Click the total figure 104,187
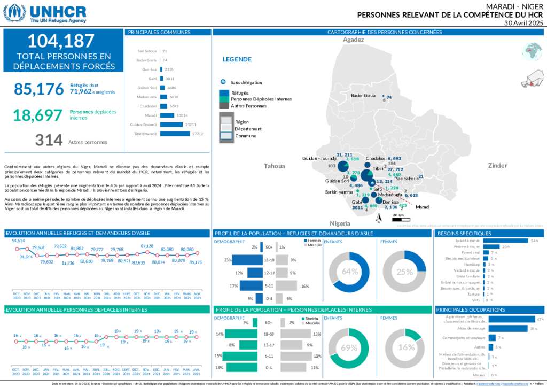tap(61, 41)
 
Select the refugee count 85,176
tap(38, 89)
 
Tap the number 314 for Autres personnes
tap(49, 140)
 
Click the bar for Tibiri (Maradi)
tap(174, 134)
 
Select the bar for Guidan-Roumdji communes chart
tap(171, 124)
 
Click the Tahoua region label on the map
tap(275, 166)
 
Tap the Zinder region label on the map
tap(497, 166)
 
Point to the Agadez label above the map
tap(353, 40)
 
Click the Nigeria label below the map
tap(340, 223)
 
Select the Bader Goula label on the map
tap(363, 96)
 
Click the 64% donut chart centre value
tap(350, 272)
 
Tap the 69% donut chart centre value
tap(349, 347)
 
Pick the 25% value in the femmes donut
tap(405, 272)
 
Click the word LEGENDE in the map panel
tap(237, 59)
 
